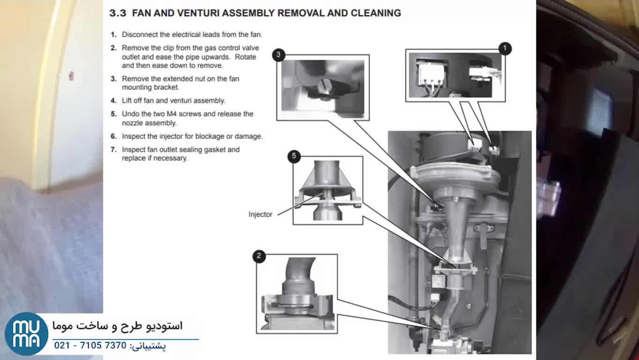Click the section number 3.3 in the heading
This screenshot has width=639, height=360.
point(118,13)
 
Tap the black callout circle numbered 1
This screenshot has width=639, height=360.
point(505,48)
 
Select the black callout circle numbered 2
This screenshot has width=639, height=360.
point(259,256)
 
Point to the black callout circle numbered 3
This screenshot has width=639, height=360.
point(278,55)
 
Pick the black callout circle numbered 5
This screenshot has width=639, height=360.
point(294,156)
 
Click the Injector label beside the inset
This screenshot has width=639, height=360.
point(260,214)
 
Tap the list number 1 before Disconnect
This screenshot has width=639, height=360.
point(113,35)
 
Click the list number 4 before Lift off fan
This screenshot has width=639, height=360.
point(113,101)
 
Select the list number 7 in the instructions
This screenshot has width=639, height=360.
point(113,150)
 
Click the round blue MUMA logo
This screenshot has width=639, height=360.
point(26,333)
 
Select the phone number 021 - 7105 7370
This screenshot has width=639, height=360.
point(90,345)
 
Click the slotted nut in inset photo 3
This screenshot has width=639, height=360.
point(325,87)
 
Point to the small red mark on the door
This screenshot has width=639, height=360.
point(71,75)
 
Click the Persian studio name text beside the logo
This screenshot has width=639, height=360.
point(117,325)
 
